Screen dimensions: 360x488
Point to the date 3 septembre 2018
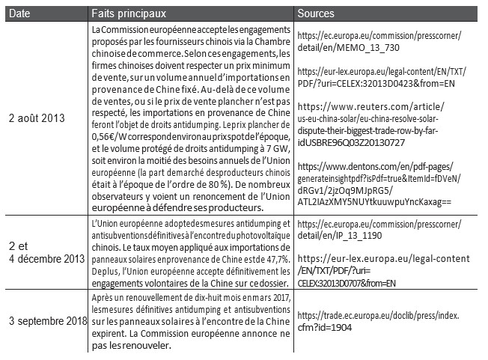coord(43,322)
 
